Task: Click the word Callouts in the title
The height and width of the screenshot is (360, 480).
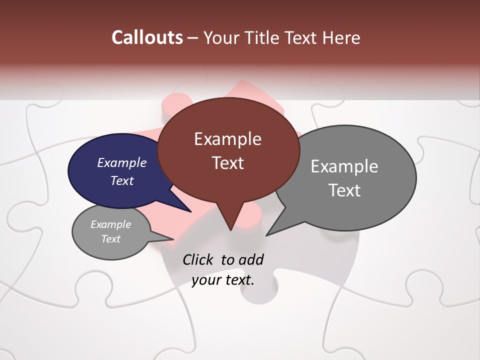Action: (x=147, y=37)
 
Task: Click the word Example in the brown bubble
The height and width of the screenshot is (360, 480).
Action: (x=227, y=139)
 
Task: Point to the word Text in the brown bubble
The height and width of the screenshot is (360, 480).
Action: (x=227, y=163)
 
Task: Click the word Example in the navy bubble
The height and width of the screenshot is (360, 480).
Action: (x=121, y=162)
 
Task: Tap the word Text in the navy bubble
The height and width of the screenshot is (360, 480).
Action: (x=121, y=180)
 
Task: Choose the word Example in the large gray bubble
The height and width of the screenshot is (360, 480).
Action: (x=344, y=166)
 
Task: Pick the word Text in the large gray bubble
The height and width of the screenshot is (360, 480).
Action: (x=344, y=190)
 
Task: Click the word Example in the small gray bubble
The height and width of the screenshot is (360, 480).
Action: (x=110, y=224)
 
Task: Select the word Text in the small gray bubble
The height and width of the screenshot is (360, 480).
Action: (x=110, y=239)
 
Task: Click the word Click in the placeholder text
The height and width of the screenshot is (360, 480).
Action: (x=198, y=259)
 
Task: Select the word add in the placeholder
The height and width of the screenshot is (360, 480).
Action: (x=251, y=259)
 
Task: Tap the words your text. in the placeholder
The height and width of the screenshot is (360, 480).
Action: (x=223, y=280)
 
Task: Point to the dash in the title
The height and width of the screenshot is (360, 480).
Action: (x=193, y=37)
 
